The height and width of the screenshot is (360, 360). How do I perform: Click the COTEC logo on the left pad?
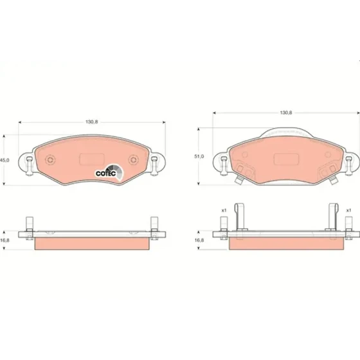tap(109, 172)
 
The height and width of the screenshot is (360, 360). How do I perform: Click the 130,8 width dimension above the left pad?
tap(91, 122)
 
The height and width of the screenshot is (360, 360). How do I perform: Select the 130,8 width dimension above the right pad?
tap(286, 113)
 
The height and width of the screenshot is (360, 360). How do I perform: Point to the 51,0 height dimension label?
tap(199, 156)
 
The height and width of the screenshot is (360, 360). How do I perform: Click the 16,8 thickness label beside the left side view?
tap(4, 240)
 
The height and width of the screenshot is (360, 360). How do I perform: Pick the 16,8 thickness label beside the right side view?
tap(199, 240)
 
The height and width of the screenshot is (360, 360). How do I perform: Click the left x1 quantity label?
tap(224, 210)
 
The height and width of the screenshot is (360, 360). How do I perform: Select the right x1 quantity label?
tap(348, 210)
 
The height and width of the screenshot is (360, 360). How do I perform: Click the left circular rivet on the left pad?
tap(50, 159)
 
